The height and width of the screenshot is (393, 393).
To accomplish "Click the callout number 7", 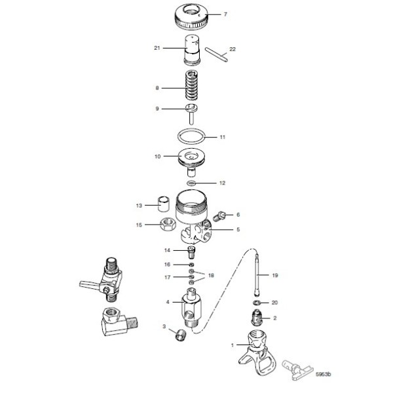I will (225, 14).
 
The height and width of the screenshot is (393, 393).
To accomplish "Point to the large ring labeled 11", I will (192, 136).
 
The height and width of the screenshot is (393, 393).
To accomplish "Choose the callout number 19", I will (274, 276).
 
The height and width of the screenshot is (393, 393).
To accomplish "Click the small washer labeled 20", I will (257, 304).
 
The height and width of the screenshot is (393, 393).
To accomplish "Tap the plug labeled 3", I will (179, 336).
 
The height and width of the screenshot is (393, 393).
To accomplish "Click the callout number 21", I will (157, 48).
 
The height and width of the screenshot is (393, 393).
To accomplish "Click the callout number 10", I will (157, 157).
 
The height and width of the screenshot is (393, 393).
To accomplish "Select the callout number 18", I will (211, 276).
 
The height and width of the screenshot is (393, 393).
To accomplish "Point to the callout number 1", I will (231, 343).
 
